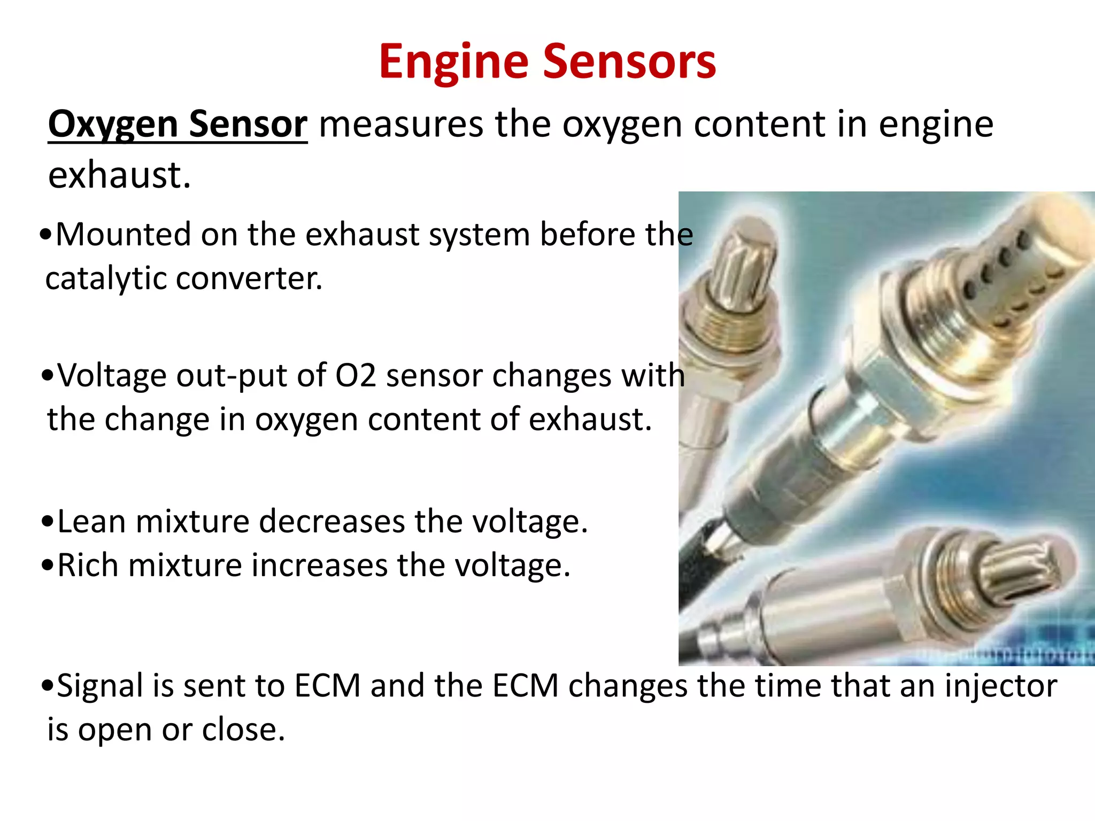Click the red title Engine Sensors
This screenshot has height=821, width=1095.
click(x=547, y=62)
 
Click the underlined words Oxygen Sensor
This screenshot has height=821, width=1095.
click(x=178, y=124)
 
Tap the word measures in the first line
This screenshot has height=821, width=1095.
click(x=401, y=124)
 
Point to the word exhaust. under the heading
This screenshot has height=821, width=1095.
click(x=119, y=175)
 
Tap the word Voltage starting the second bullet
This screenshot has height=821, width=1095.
click(x=112, y=375)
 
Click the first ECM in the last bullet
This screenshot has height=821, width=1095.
click(x=327, y=686)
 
